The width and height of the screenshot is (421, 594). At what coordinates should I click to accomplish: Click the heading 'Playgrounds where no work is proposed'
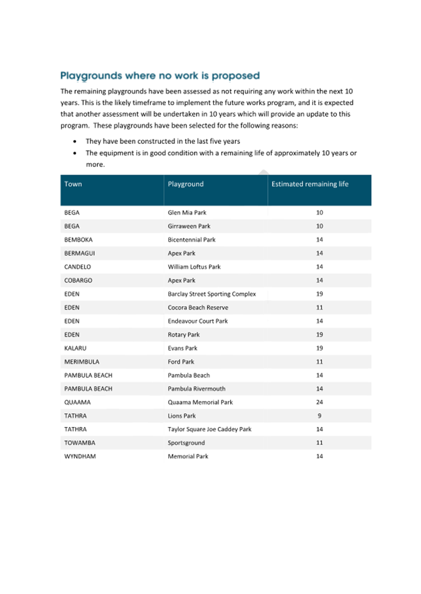pyautogui.click(x=160, y=76)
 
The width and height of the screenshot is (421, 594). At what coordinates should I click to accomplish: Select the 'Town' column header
pyautogui.click(x=73, y=184)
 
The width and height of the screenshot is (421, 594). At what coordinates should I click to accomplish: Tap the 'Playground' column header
pyautogui.click(x=185, y=184)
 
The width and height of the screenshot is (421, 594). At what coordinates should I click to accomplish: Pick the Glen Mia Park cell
pyautogui.click(x=186, y=213)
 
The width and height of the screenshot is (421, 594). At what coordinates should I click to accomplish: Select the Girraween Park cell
pyautogui.click(x=189, y=226)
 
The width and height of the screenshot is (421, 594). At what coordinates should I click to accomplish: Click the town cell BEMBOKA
pyautogui.click(x=79, y=239)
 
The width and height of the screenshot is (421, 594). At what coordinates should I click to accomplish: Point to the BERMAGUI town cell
pyautogui.click(x=79, y=253)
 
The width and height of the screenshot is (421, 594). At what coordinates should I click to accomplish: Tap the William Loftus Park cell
pyautogui.click(x=194, y=267)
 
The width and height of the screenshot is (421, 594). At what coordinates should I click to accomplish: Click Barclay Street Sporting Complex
pyautogui.click(x=211, y=294)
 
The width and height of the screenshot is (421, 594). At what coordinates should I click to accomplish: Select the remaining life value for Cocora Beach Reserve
pyautogui.click(x=319, y=307)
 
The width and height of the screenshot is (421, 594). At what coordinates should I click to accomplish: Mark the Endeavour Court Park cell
pyautogui.click(x=198, y=321)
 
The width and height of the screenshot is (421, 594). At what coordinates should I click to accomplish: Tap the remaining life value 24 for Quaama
pyautogui.click(x=319, y=402)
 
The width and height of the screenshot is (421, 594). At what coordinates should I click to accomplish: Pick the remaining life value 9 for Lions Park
pyautogui.click(x=319, y=416)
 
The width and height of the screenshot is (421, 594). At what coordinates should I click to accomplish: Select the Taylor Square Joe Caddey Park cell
pyautogui.click(x=210, y=429)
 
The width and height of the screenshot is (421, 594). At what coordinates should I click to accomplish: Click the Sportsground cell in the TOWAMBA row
pyautogui.click(x=186, y=443)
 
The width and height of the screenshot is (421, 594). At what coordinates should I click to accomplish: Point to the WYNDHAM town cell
pyautogui.click(x=80, y=456)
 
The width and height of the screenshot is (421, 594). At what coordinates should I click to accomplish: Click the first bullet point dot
pyautogui.click(x=75, y=141)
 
